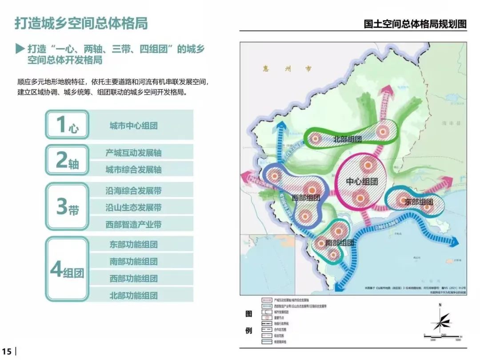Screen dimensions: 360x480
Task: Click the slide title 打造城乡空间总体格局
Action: (x=81, y=23)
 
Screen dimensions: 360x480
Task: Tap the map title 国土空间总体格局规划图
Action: (x=415, y=24)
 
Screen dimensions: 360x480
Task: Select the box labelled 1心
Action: (x=67, y=125)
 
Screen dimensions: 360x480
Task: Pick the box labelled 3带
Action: (x=67, y=207)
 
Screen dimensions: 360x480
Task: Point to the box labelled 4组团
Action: (x=67, y=269)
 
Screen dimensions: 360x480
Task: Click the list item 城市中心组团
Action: (x=133, y=126)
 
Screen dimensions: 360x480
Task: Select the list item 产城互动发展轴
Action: (x=133, y=153)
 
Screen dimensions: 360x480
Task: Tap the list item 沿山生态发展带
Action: (x=133, y=208)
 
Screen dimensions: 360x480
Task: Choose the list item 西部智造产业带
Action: (x=133, y=224)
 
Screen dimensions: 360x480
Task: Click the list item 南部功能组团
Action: (x=133, y=261)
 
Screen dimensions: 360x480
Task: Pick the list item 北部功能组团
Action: (x=133, y=295)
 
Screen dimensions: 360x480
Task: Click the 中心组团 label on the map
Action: (x=362, y=182)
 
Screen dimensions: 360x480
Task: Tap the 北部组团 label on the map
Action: (x=347, y=139)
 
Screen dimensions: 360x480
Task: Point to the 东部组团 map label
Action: (x=418, y=202)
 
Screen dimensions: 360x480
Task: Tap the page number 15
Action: (x=7, y=351)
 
